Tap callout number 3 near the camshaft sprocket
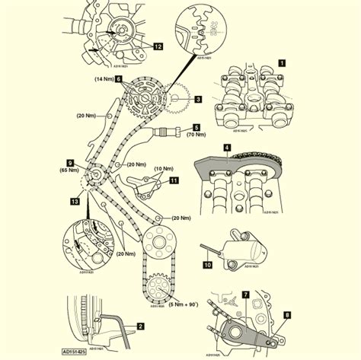(x=196, y=98)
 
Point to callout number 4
(x=227, y=147)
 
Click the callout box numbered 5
(x=196, y=127)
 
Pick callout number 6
(x=119, y=89)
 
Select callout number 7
(x=245, y=293)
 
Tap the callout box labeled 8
(x=287, y=313)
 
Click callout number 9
(x=69, y=162)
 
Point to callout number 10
(x=207, y=264)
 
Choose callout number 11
(x=174, y=180)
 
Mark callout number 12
(x=158, y=46)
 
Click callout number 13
(x=74, y=202)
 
